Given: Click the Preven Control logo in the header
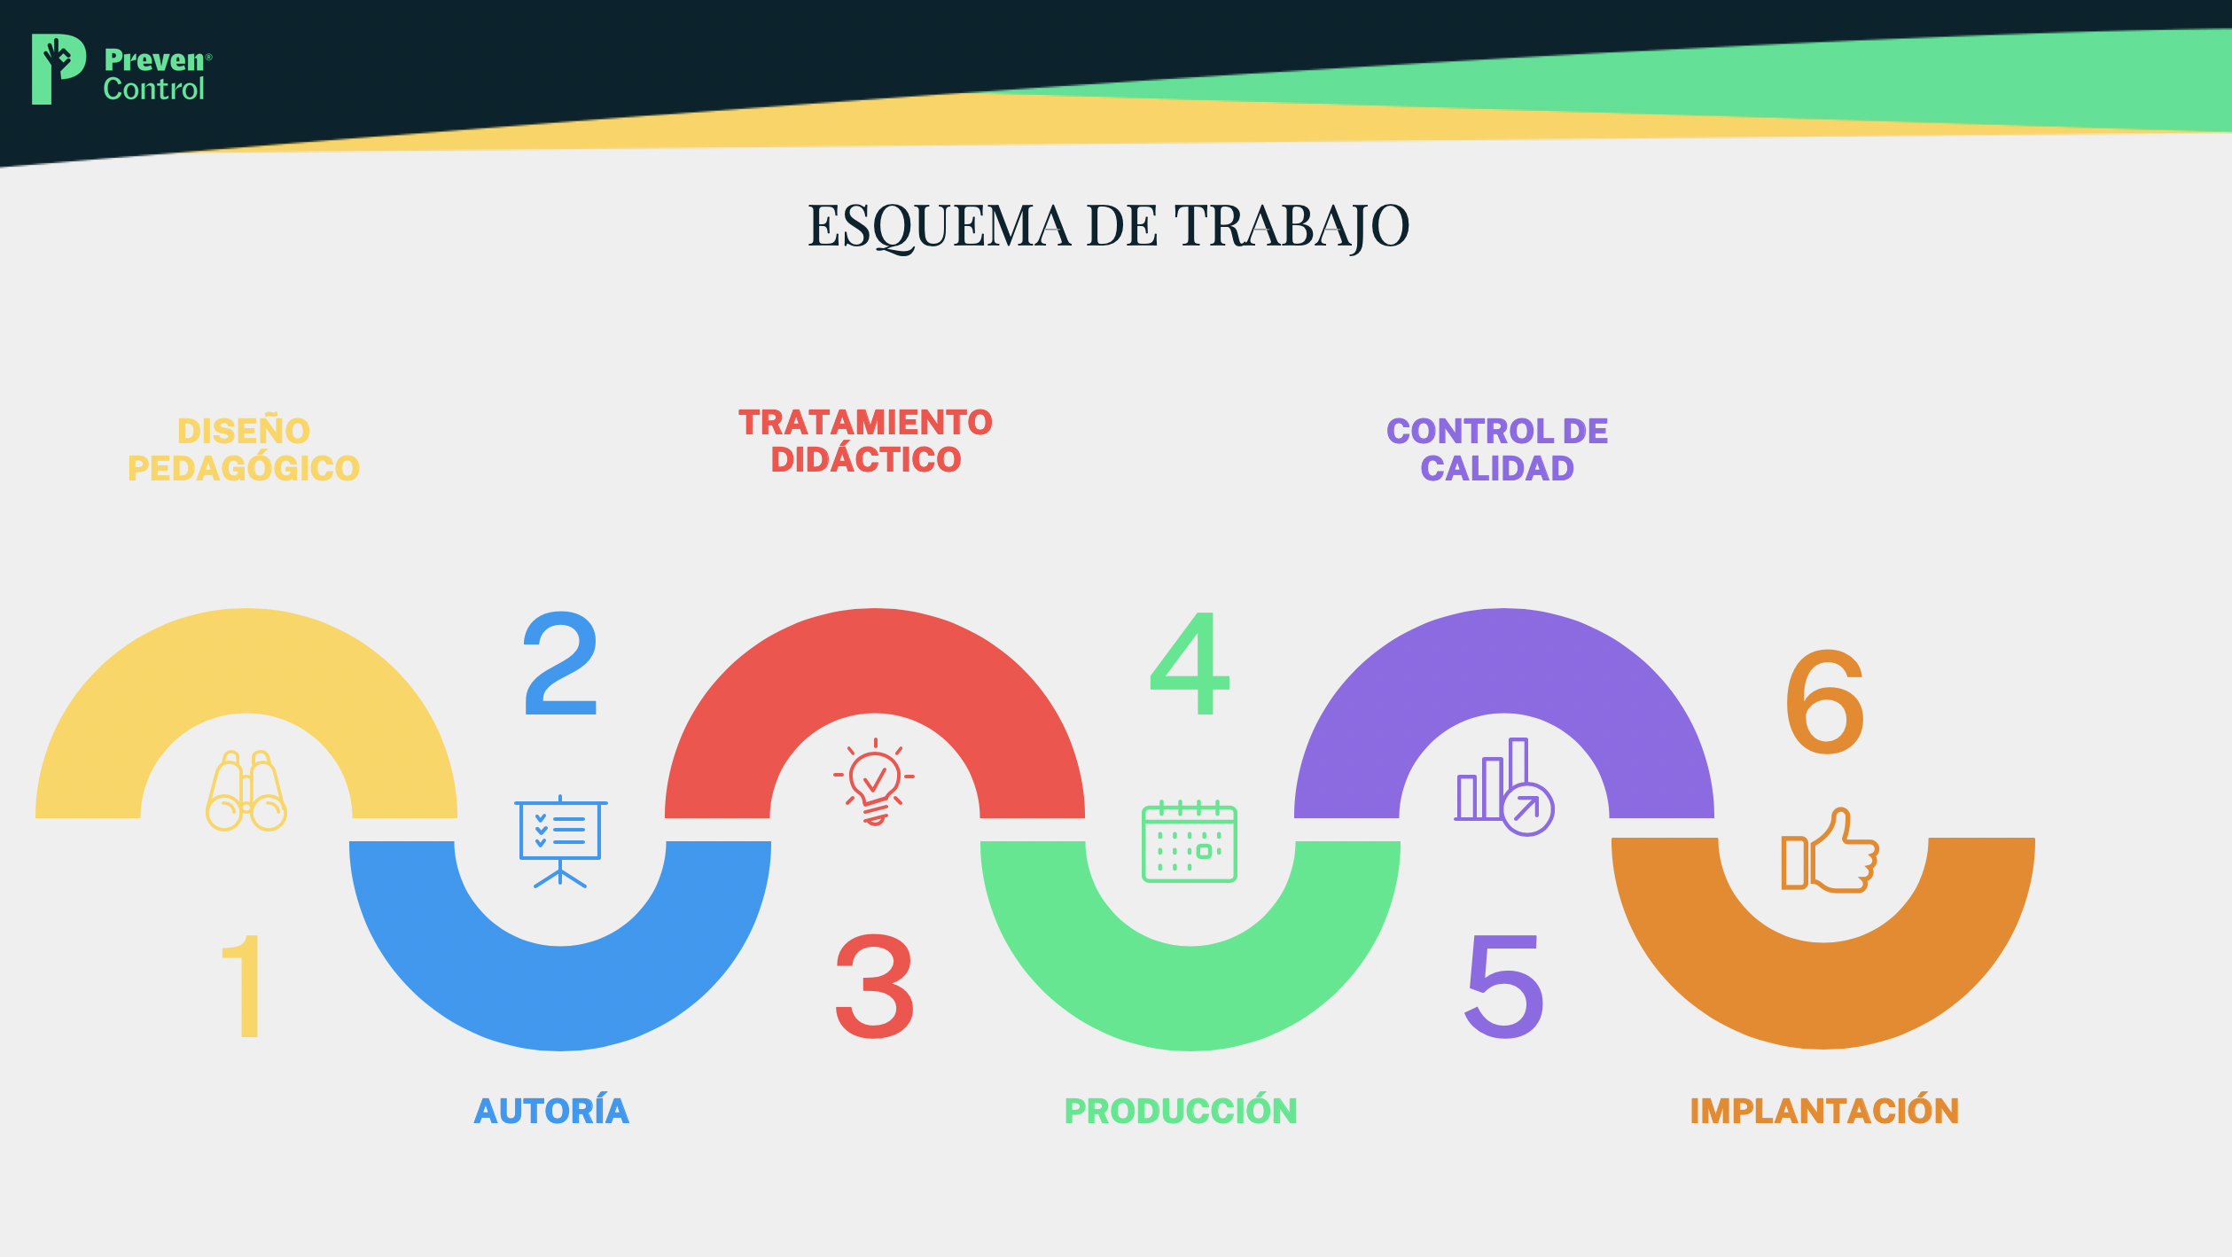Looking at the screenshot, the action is (x=121, y=69).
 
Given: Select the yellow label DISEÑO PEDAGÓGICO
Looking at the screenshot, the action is (x=244, y=449).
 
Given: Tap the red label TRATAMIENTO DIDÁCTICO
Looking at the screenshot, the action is (x=865, y=441).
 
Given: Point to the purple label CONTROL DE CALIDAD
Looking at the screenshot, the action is (x=1497, y=449).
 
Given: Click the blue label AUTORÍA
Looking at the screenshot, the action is (x=551, y=1110).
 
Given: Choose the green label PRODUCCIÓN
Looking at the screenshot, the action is (x=1181, y=1111).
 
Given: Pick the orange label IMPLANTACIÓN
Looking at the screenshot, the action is (x=1824, y=1111).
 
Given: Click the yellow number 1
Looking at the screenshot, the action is (x=243, y=986).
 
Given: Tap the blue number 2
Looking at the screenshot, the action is (x=560, y=663).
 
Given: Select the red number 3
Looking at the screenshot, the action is (x=875, y=986).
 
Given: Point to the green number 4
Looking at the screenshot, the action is (x=1190, y=663).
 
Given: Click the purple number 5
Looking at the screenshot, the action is (x=1504, y=986).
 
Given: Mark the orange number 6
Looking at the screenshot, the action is (x=1825, y=701).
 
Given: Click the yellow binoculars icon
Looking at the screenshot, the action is (x=246, y=791).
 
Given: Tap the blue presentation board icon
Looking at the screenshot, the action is (x=560, y=841).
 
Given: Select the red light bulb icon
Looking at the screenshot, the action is (x=874, y=782).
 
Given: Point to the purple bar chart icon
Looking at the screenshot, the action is (x=1504, y=787).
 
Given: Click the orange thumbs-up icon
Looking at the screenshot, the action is (x=1830, y=850).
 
